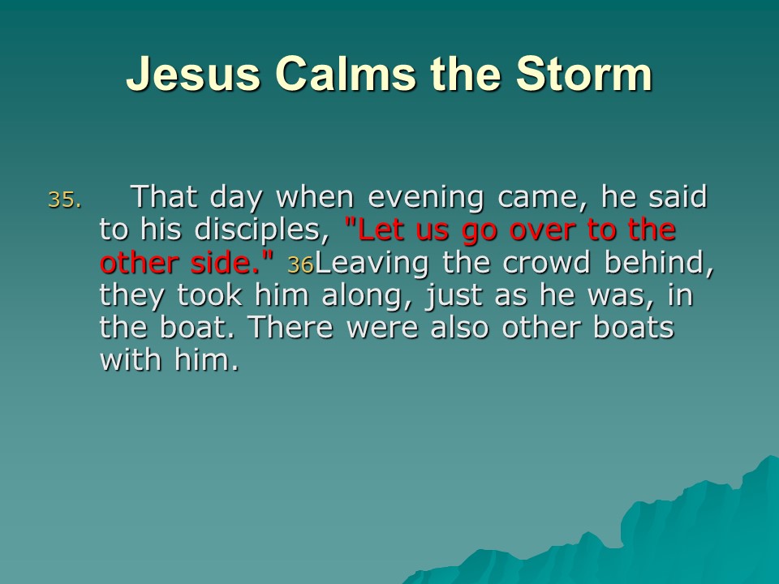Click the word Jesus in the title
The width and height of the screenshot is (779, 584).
click(x=194, y=74)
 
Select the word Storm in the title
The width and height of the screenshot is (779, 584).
click(x=584, y=74)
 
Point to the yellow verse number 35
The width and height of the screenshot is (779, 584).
click(x=65, y=200)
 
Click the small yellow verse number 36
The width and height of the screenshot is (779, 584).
click(x=300, y=264)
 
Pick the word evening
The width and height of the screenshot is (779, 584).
click(x=425, y=198)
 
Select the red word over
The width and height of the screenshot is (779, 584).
click(x=543, y=231)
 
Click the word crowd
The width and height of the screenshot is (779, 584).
click(x=546, y=262)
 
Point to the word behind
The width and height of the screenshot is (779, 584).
click(x=659, y=262)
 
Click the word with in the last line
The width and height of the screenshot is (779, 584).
click(x=131, y=359)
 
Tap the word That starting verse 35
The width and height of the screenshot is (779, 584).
click(x=163, y=196)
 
